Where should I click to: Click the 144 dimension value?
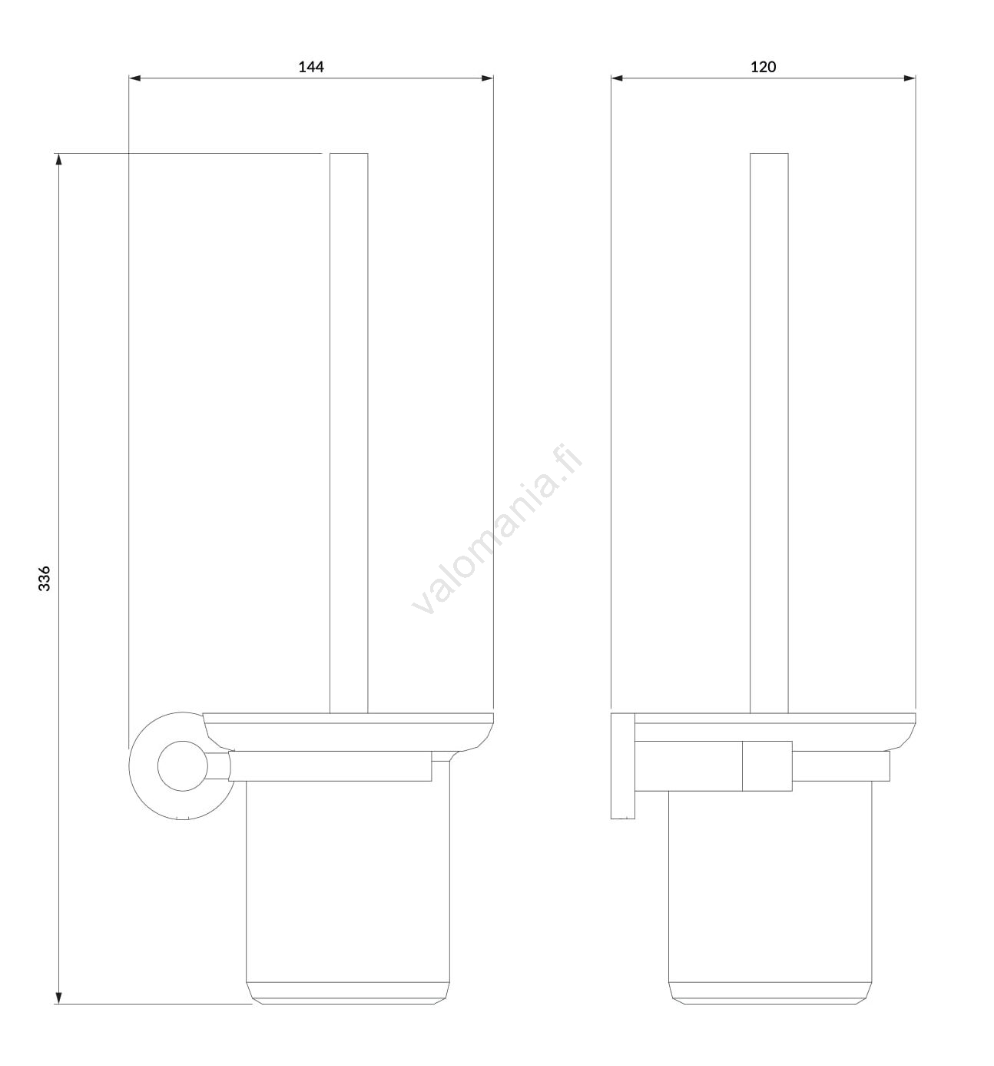[311, 67]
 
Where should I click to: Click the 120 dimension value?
[763, 67]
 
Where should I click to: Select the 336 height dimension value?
[45, 578]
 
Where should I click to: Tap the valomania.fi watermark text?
[497, 530]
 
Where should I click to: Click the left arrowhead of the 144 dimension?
[134, 78]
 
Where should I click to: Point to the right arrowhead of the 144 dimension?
[487, 78]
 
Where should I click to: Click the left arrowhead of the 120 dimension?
[617, 78]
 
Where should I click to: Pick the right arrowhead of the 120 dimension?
[910, 78]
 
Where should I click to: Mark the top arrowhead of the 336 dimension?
[58, 159]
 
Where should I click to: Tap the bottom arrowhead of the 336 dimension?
[58, 998]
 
